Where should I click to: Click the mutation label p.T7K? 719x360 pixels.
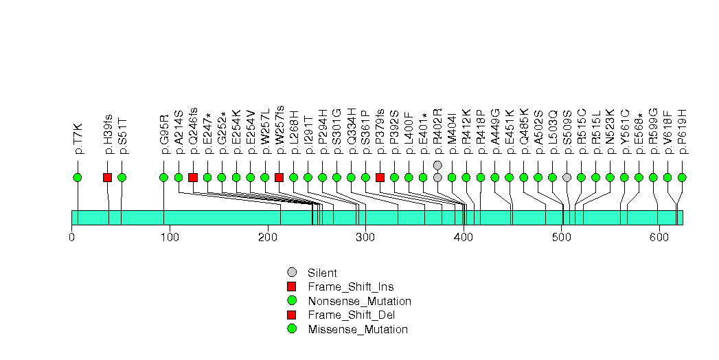tap(78, 138)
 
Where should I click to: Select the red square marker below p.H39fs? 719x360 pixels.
tap(107, 177)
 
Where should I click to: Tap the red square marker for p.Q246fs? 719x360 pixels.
tap(193, 177)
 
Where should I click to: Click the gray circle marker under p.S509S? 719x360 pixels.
tap(567, 177)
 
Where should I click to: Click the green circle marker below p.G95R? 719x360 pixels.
tap(163, 177)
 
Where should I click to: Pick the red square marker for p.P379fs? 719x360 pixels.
tap(380, 177)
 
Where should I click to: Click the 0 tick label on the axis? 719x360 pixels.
tap(71, 238)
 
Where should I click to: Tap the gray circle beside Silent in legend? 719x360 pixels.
tap(292, 272)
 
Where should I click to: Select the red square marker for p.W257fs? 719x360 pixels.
tap(279, 177)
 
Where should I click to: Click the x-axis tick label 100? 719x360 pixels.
tap(170, 238)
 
